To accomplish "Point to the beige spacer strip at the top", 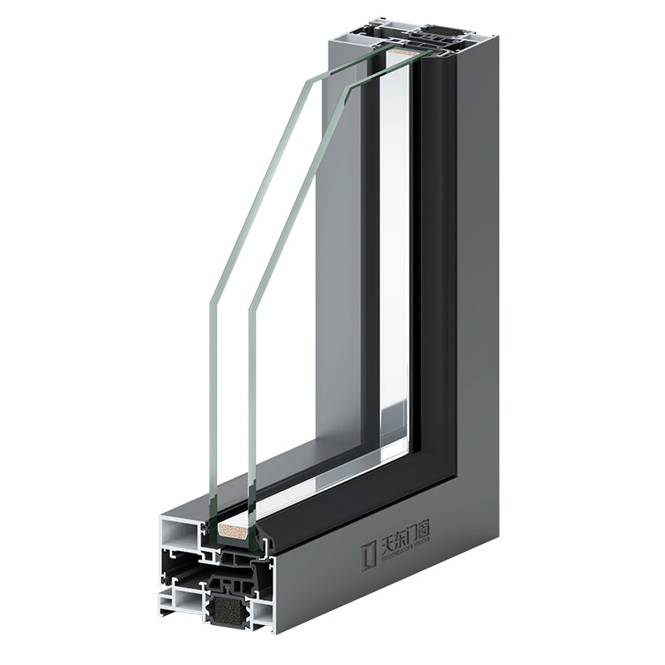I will tap(405, 51).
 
